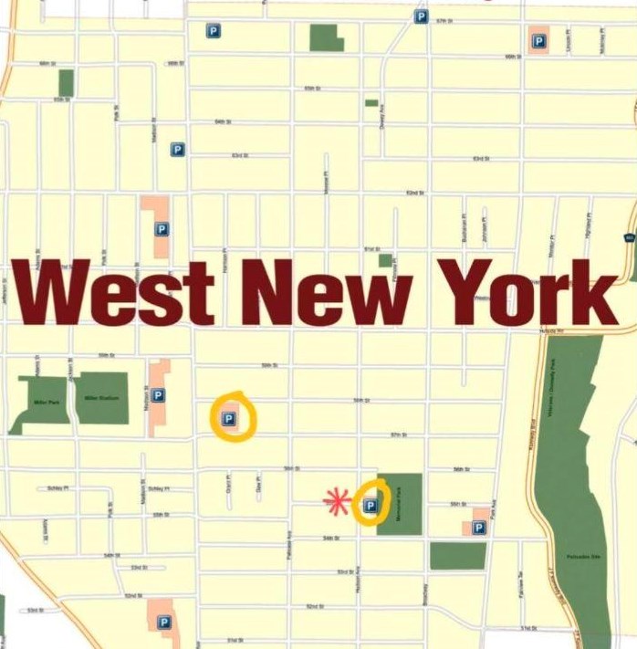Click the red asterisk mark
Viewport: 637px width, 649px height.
337,501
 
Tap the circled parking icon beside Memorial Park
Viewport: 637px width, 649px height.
370,505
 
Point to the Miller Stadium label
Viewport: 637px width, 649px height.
102,398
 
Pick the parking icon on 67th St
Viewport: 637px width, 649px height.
420,16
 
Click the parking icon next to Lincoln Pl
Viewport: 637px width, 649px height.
538,40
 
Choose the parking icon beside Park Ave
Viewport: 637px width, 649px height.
478,527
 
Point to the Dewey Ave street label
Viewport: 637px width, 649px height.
381,120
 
